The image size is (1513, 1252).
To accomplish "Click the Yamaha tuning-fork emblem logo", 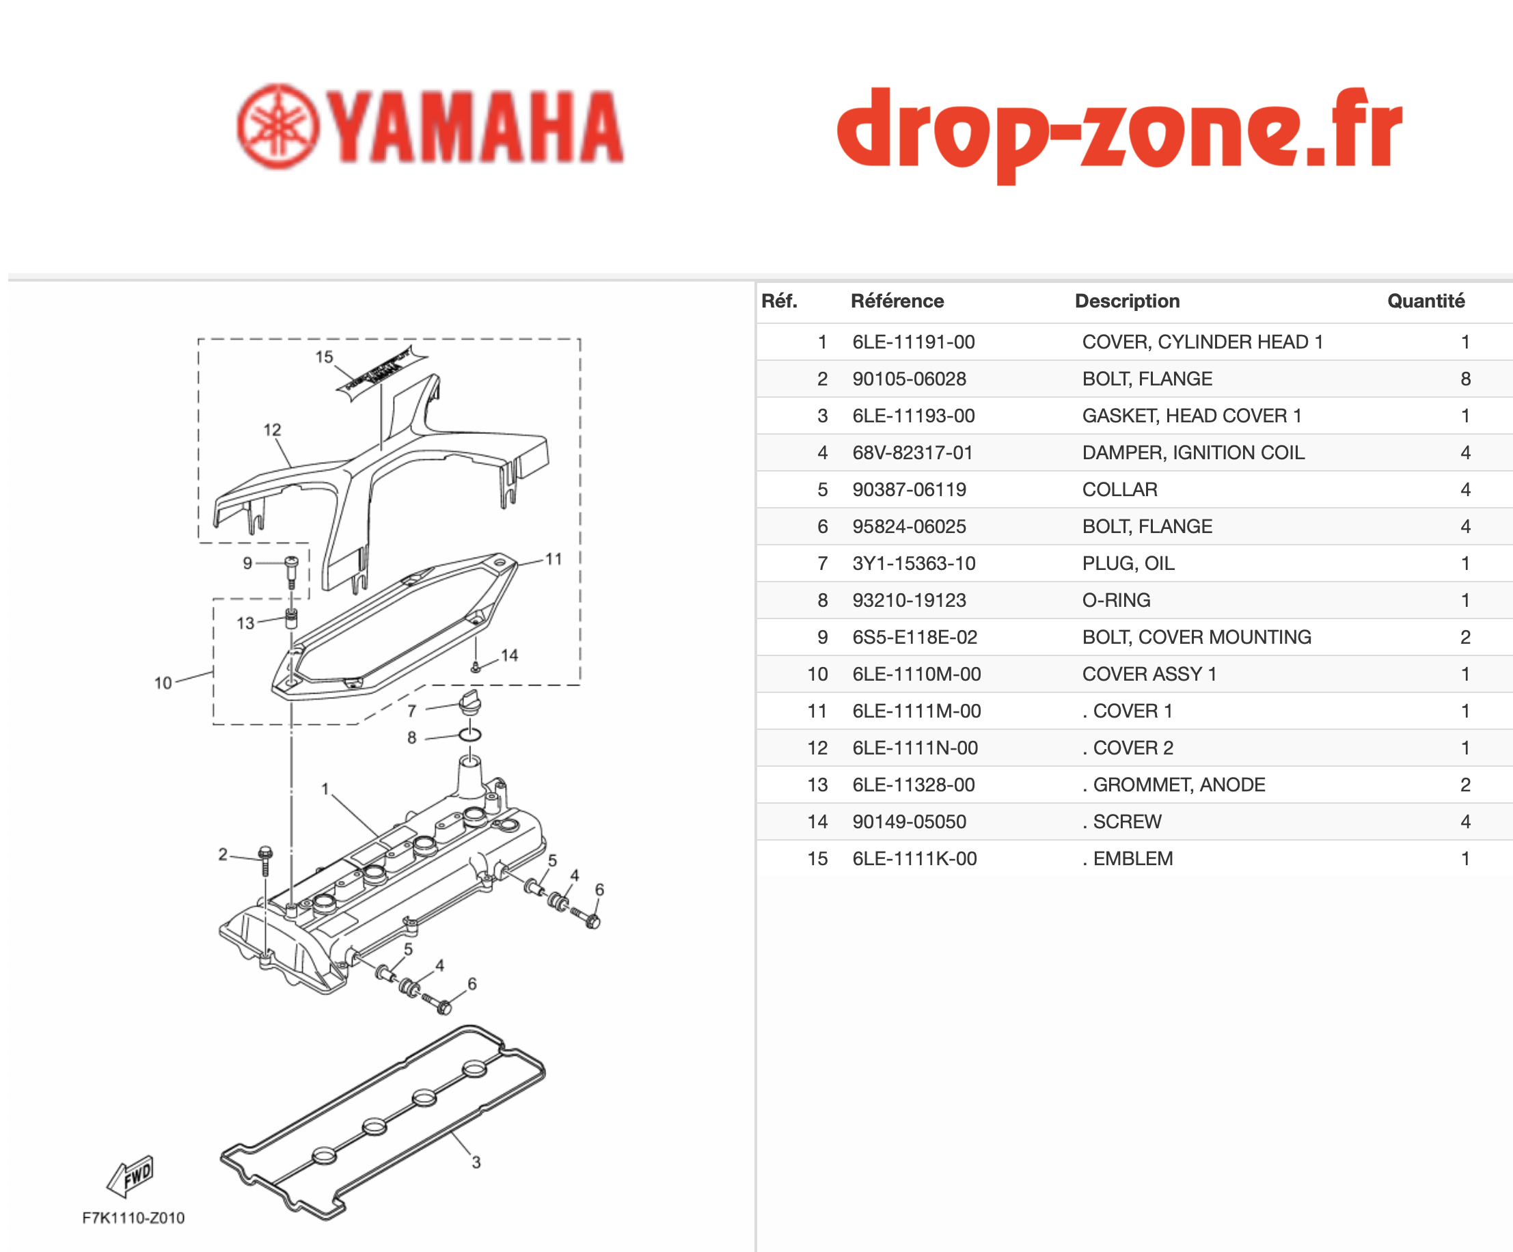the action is pyautogui.click(x=277, y=127).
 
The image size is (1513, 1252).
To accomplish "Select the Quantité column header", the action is pyautogui.click(x=1426, y=301).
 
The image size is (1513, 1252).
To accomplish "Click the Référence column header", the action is pyautogui.click(x=897, y=301).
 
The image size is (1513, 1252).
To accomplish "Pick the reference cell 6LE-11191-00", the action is pyautogui.click(x=914, y=342).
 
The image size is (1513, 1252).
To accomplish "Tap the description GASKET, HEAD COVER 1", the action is pyautogui.click(x=1192, y=416).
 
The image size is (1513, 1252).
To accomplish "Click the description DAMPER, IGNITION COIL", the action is pyautogui.click(x=1193, y=452).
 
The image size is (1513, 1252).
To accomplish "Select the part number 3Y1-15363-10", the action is pyautogui.click(x=914, y=563).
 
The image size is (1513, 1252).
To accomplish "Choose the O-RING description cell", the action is pyautogui.click(x=1116, y=600).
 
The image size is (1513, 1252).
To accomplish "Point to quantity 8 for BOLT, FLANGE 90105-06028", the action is pyautogui.click(x=1465, y=379).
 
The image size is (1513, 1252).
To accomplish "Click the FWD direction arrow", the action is pyautogui.click(x=131, y=1175).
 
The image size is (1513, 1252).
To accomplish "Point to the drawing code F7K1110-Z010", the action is pyautogui.click(x=133, y=1218).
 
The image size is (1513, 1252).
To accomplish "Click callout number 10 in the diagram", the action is pyautogui.click(x=163, y=683).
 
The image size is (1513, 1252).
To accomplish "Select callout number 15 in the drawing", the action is pyautogui.click(x=324, y=357).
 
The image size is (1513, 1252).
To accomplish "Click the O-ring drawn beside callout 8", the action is pyautogui.click(x=469, y=734).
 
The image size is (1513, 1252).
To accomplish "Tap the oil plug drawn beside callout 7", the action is pyautogui.click(x=469, y=703).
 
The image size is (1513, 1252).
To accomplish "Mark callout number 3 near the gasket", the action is pyautogui.click(x=476, y=1162).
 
